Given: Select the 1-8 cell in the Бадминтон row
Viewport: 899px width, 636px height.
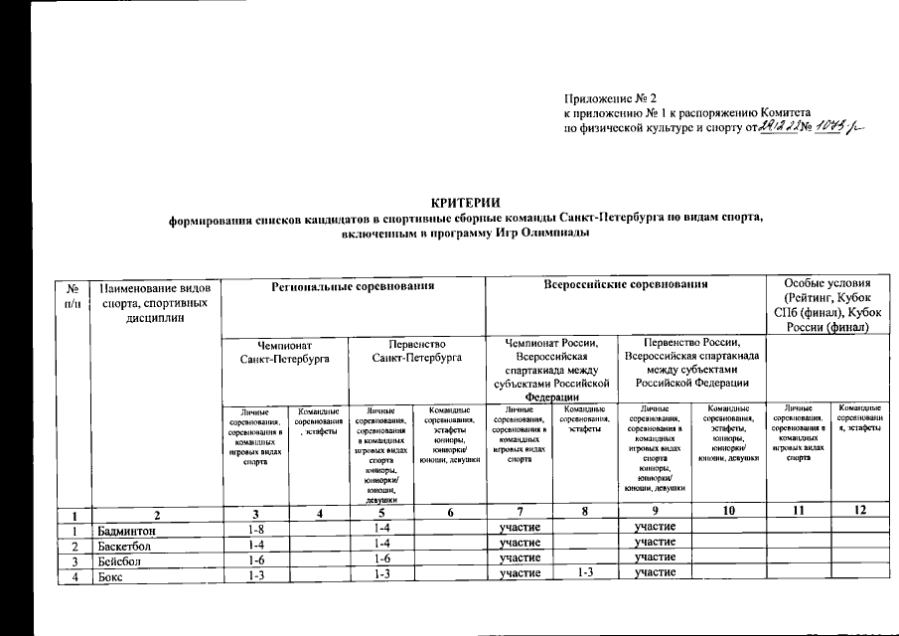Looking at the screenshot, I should [254, 530].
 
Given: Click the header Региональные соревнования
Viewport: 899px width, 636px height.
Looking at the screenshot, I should [354, 286].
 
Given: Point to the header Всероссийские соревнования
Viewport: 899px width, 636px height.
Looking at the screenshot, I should [626, 286].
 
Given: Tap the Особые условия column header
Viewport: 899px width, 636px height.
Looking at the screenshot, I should [826, 307].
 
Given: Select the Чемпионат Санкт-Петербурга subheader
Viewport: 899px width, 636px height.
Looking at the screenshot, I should [286, 350].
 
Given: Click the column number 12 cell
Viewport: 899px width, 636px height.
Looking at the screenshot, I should [860, 512].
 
